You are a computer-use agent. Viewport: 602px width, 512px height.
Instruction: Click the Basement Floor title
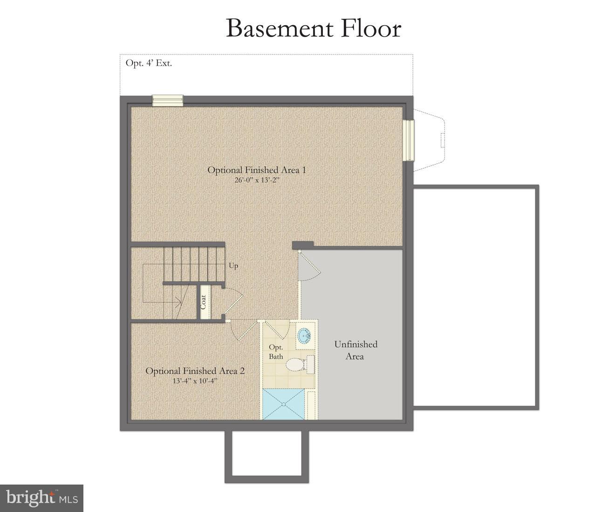[x=313, y=28]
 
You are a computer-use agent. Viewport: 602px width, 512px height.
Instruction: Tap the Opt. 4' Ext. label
[x=149, y=63]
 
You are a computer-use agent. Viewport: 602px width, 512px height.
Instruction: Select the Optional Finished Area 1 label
[x=257, y=170]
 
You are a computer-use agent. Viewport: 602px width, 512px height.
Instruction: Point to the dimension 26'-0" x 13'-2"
[x=257, y=180]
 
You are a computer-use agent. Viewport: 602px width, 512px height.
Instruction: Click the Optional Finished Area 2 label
[x=195, y=371]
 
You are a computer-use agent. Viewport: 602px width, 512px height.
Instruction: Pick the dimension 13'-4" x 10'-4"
[x=195, y=381]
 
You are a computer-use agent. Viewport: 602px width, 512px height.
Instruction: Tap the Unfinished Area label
[x=356, y=350]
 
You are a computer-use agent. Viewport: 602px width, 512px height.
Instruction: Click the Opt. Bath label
[x=276, y=352]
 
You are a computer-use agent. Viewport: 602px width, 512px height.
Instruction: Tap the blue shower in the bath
[x=283, y=404]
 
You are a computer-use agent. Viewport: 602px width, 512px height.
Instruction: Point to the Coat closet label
[x=203, y=302]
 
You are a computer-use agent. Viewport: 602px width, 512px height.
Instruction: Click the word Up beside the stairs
[x=233, y=266]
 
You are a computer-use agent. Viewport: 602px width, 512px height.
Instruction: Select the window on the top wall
[x=168, y=101]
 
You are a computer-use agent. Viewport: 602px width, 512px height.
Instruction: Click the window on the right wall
[x=409, y=140]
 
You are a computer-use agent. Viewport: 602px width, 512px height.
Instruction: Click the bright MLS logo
[x=41, y=499]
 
